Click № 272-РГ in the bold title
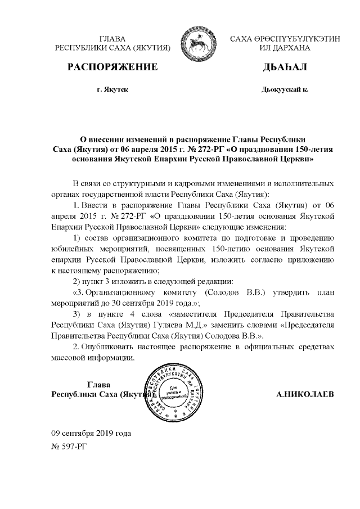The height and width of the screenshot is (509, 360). point(202,149)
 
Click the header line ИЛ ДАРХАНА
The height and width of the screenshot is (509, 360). point(285,49)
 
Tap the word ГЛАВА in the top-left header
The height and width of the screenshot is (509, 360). point(112,39)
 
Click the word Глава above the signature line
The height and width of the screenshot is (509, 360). point(100,384)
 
